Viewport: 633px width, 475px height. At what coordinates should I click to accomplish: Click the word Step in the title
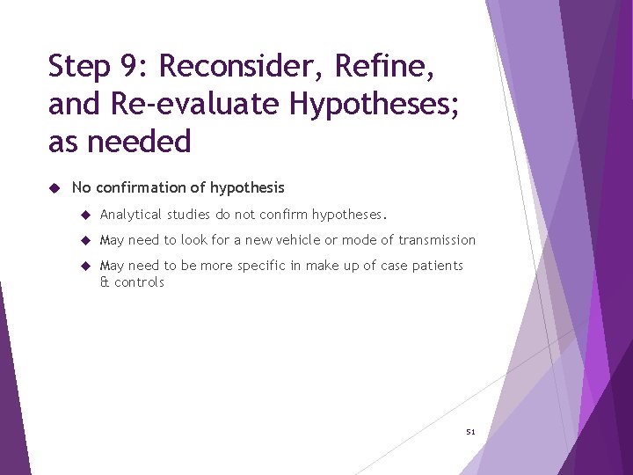coord(78,67)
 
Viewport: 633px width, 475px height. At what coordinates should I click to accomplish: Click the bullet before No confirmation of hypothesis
coord(54,187)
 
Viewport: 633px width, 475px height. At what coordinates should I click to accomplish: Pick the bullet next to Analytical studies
coord(85,215)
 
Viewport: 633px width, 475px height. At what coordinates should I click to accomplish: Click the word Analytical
coord(132,215)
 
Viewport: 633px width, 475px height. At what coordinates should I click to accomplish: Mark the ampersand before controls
coord(105,282)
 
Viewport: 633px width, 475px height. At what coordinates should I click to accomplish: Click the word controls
coord(139,282)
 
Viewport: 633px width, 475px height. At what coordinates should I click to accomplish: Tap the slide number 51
coord(470,432)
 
